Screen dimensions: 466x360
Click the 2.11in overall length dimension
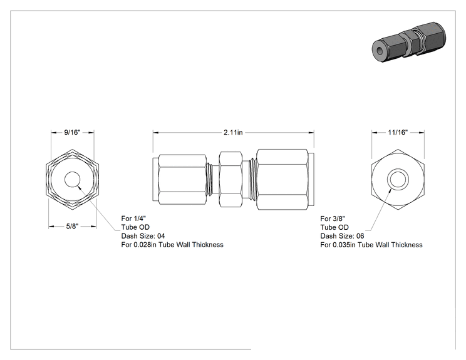coord(233,133)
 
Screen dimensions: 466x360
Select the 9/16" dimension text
coord(73,132)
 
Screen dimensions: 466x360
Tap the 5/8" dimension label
coord(72,227)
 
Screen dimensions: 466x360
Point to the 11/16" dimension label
coord(398,132)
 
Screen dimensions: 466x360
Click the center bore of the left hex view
coord(72,180)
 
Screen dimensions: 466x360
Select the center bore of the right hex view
coord(398,180)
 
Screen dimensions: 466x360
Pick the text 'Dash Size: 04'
coord(143,236)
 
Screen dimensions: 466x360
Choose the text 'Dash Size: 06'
coord(342,236)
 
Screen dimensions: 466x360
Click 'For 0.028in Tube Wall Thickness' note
coord(172,245)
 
